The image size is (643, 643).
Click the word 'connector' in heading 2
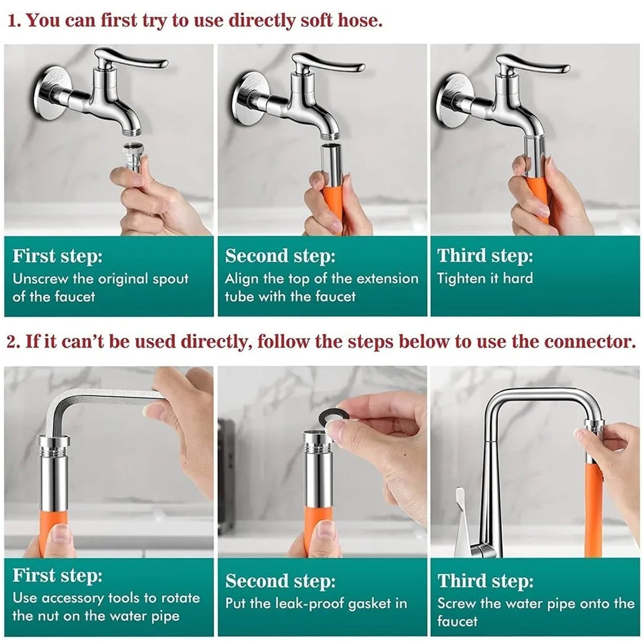click(x=590, y=342)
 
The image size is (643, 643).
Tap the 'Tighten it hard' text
click(x=485, y=279)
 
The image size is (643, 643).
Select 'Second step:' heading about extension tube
click(x=280, y=256)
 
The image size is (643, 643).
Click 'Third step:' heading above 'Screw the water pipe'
click(x=485, y=581)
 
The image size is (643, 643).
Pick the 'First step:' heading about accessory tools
click(x=57, y=575)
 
